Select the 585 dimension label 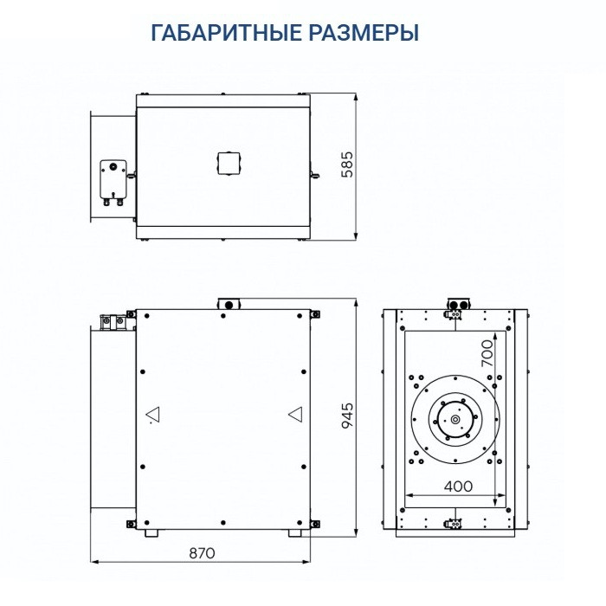(x=348, y=164)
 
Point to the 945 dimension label (x=348, y=416)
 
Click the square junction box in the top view (x=228, y=163)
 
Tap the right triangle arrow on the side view (x=295, y=416)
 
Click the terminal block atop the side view (x=228, y=303)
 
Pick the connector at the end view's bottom (x=454, y=523)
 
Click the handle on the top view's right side (x=315, y=177)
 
